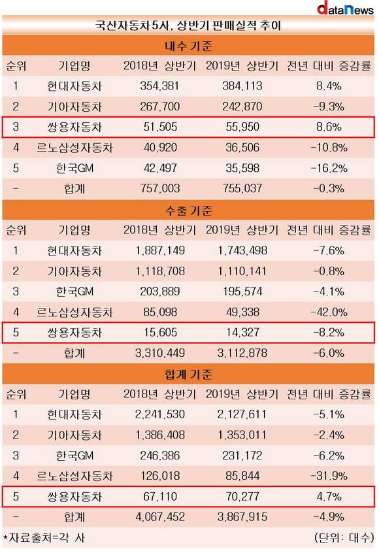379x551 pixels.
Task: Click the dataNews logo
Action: pyautogui.click(x=345, y=8)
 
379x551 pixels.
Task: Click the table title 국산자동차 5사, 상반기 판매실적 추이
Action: pyautogui.click(x=188, y=25)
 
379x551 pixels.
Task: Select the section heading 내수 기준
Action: pyautogui.click(x=188, y=46)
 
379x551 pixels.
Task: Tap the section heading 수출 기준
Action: pyautogui.click(x=188, y=210)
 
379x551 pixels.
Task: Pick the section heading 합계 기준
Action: pyautogui.click(x=188, y=375)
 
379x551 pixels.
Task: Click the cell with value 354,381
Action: pyautogui.click(x=160, y=86)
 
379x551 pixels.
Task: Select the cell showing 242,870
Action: pyautogui.click(x=242, y=107)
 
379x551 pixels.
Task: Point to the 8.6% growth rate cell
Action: pyautogui.click(x=329, y=127)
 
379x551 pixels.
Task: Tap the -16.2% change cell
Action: pyautogui.click(x=329, y=168)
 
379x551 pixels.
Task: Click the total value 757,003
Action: pyautogui.click(x=160, y=189)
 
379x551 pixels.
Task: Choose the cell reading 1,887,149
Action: pyautogui.click(x=160, y=250)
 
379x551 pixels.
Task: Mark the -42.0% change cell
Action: pyautogui.click(x=329, y=312)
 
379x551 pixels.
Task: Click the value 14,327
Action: pyautogui.click(x=242, y=333)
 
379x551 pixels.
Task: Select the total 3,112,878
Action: pyautogui.click(x=242, y=353)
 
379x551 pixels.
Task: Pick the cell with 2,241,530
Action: pyautogui.click(x=160, y=414)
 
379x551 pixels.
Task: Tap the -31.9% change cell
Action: pyautogui.click(x=329, y=476)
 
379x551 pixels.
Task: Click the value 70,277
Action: pyautogui.click(x=242, y=497)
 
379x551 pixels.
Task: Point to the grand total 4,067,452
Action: pyautogui.click(x=160, y=517)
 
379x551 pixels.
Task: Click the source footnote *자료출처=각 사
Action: pyautogui.click(x=44, y=538)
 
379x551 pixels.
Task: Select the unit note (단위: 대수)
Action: pyautogui.click(x=344, y=537)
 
